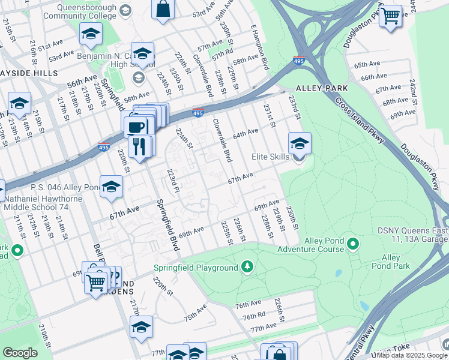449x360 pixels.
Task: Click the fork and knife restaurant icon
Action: click(139, 146)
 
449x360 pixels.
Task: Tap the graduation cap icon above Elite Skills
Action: click(299, 143)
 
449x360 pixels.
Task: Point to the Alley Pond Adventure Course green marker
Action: click(353, 244)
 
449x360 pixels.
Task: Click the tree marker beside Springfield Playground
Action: click(246, 266)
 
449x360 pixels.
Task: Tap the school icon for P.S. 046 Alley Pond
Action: click(111, 188)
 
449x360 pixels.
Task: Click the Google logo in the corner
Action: click(20, 353)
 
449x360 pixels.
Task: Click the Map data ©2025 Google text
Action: click(412, 355)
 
